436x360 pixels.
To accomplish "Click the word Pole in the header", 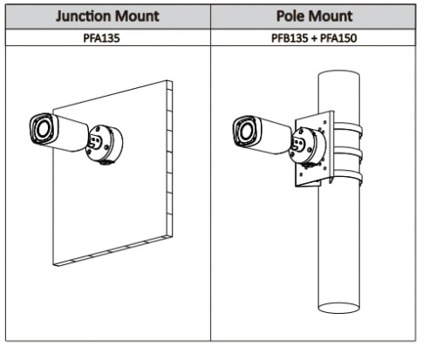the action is point(288,16).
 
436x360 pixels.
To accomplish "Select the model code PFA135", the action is point(101,38).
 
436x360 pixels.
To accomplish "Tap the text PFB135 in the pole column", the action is point(290,38).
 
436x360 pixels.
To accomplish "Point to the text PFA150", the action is point(338,38).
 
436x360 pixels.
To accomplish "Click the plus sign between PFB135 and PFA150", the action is point(314,38).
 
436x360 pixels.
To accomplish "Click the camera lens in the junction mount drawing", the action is point(43,130).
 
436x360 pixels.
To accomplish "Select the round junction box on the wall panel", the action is point(104,145).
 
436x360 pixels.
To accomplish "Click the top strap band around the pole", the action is point(348,129).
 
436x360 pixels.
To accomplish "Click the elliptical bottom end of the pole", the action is point(339,308).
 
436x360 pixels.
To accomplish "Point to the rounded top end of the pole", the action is point(339,73).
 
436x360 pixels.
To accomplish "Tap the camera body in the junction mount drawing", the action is point(70,134).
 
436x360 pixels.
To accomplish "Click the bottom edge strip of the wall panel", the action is point(112,251).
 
